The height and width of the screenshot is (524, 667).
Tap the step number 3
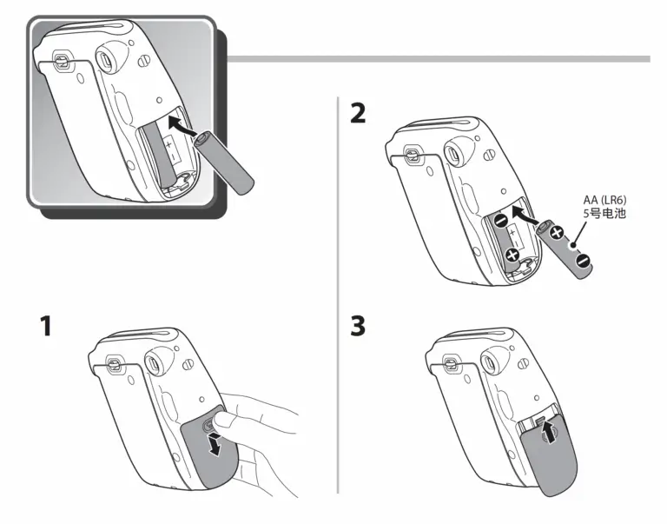(358, 327)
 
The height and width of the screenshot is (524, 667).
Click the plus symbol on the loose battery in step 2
(557, 233)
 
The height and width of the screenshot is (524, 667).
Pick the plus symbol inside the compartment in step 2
(512, 255)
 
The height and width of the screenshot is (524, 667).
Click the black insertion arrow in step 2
(525, 215)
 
